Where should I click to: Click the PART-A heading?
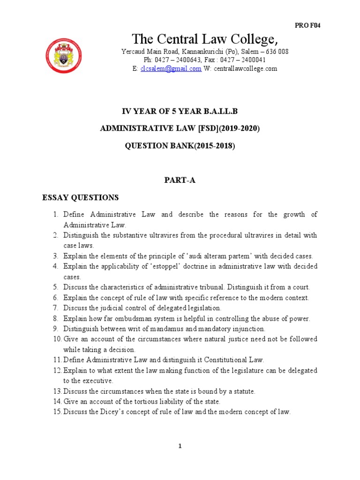[180, 180]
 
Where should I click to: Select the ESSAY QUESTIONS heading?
[81, 197]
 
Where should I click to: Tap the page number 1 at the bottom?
[180, 446]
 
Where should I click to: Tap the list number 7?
[55, 308]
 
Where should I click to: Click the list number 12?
[56, 370]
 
